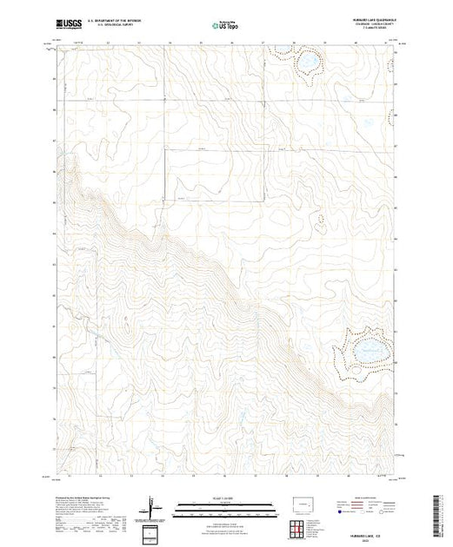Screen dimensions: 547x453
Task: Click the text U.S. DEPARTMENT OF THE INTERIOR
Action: (122, 21)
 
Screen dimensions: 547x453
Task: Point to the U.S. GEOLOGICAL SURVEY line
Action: (117, 26)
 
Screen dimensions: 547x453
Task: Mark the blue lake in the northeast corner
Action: (307, 63)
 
